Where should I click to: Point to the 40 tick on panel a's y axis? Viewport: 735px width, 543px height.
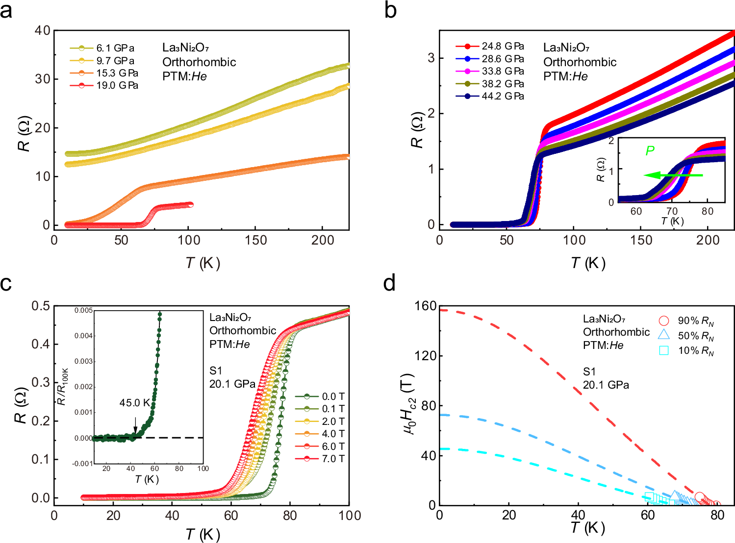43,30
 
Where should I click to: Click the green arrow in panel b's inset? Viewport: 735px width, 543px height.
673,175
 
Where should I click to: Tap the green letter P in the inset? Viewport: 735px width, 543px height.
650,150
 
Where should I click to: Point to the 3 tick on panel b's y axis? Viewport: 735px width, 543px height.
431,58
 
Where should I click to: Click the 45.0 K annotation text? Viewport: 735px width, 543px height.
135,403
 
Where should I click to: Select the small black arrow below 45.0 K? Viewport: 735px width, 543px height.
136,425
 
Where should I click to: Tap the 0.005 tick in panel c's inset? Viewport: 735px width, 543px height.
83,310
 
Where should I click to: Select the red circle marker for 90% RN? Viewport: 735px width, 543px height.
664,321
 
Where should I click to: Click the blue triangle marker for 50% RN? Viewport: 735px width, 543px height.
664,335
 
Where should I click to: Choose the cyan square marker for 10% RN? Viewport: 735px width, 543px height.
664,350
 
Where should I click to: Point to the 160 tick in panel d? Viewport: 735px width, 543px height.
425,306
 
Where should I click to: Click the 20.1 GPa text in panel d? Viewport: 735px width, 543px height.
606,385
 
